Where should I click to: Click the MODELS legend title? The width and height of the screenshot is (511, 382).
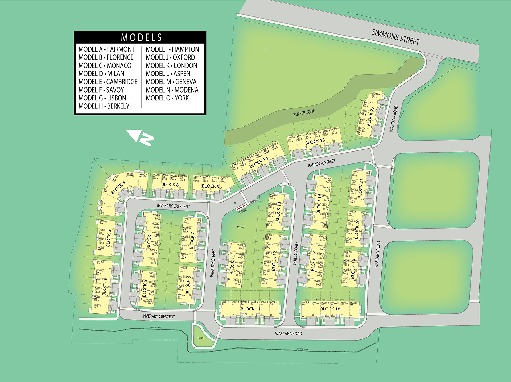(141, 37)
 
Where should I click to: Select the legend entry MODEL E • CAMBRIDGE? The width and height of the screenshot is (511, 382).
(108, 82)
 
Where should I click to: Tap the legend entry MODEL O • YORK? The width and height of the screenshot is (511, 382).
(167, 98)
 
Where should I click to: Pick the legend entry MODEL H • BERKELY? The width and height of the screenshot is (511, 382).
(104, 106)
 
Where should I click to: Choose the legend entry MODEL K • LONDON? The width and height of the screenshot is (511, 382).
(171, 66)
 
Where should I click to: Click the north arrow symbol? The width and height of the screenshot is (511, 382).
(140, 137)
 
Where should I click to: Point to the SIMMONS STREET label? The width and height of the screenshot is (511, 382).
(395, 37)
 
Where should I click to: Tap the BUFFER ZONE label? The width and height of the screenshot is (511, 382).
(304, 113)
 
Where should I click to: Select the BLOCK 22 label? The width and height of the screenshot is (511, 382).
(370, 116)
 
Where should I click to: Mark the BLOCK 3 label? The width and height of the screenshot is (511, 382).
(118, 188)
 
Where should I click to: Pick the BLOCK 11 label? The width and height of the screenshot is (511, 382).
(250, 309)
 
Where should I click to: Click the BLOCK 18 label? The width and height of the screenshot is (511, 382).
(330, 309)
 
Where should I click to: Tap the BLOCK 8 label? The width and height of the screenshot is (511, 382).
(170, 184)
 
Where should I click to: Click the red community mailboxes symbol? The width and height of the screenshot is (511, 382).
(242, 207)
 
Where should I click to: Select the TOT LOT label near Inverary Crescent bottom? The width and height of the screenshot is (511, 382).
(201, 338)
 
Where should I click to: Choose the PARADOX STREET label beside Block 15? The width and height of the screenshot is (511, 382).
(322, 163)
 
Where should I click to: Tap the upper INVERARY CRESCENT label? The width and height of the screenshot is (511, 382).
(173, 206)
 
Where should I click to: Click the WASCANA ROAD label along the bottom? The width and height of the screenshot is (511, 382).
(289, 334)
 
